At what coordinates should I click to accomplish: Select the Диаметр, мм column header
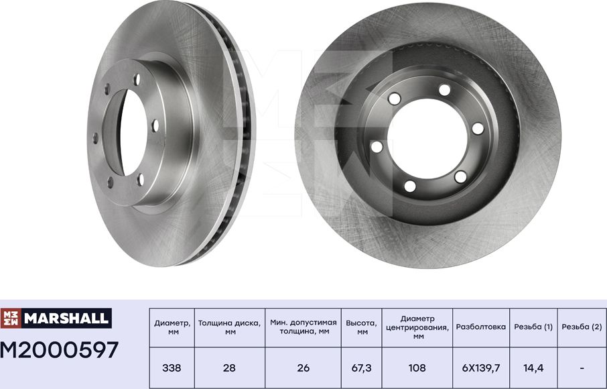point(172,327)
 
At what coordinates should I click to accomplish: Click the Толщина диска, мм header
point(229,327)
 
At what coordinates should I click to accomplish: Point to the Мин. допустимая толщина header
point(303,327)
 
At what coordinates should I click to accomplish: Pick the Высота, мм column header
point(362,327)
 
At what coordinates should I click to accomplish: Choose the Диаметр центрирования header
point(418,327)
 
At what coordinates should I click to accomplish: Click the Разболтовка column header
point(480,327)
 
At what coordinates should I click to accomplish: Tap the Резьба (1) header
point(533,327)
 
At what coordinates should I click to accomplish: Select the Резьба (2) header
point(581,327)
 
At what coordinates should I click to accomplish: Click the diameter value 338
point(172,368)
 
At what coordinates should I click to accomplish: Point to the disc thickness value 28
point(229,368)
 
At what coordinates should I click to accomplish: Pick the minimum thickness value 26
point(303,368)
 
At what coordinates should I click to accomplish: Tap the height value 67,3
point(362,368)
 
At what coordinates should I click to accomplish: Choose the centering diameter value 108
point(418,368)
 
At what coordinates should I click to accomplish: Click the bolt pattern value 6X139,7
point(480,368)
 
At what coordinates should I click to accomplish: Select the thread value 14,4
point(533,368)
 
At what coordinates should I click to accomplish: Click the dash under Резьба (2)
point(581,368)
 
